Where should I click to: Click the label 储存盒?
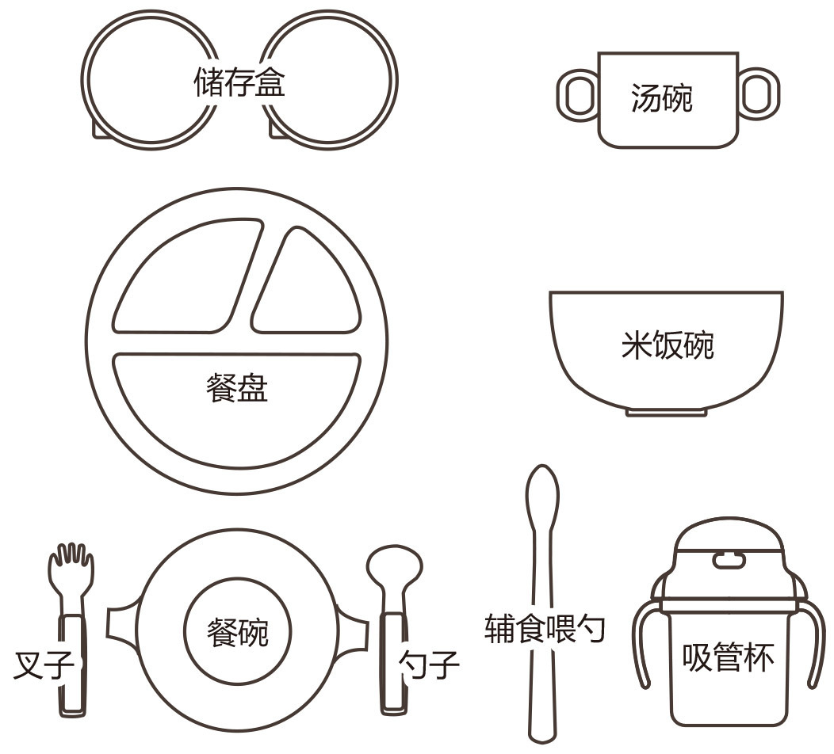click(x=239, y=82)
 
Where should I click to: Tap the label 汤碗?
click(x=662, y=98)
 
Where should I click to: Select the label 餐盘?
click(x=237, y=387)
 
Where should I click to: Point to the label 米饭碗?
click(x=668, y=345)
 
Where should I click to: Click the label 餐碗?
click(x=238, y=632)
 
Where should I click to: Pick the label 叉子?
click(x=44, y=665)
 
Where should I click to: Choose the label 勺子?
click(x=429, y=665)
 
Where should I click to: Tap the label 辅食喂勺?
click(x=545, y=629)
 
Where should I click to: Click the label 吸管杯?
click(x=728, y=657)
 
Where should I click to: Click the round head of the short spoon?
click(x=394, y=565)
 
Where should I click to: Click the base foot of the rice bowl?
click(x=667, y=412)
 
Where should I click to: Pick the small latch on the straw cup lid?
click(x=728, y=561)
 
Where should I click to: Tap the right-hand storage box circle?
click(x=396, y=81)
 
